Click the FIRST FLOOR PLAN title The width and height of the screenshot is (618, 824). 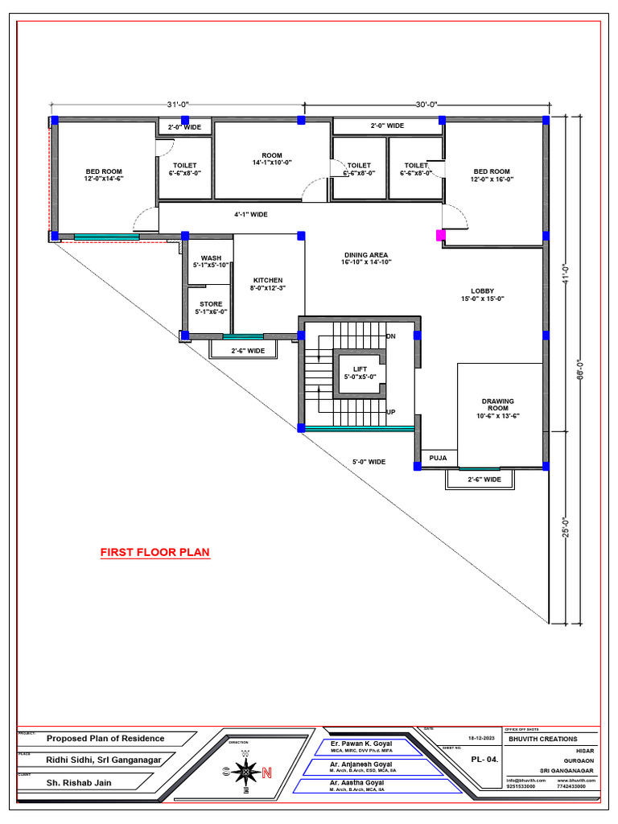[x=154, y=553]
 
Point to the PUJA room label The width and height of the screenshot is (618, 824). [x=438, y=457]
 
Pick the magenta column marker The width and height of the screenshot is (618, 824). [x=440, y=235]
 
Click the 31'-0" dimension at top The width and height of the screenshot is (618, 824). [x=178, y=105]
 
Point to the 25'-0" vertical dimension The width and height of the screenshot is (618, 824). [x=566, y=527]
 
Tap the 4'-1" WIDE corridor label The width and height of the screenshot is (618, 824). [x=251, y=215]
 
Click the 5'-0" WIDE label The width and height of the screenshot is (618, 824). [x=369, y=462]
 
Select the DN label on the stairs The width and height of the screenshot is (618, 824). [x=391, y=336]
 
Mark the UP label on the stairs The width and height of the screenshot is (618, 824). [x=391, y=412]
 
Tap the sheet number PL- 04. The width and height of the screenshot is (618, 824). [x=484, y=759]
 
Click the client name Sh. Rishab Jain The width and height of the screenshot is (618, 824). [x=80, y=782]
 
